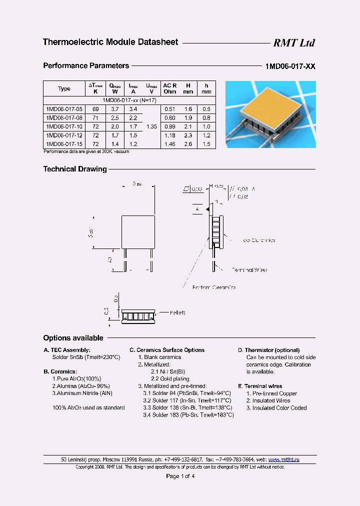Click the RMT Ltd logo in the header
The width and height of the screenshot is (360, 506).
coord(293,43)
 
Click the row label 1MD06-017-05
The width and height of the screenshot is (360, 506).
coord(63,108)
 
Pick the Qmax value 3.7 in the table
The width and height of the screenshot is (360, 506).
coord(114,108)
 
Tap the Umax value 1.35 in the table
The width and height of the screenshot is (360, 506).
coord(151,126)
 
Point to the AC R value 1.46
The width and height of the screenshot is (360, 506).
coord(170,144)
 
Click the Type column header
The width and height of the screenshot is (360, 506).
coord(64,88)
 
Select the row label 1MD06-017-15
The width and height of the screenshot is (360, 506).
coord(63,144)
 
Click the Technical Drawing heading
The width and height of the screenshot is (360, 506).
coord(75,169)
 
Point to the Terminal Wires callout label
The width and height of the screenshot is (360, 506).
coord(249,270)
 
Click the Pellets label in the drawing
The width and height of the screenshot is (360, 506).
coord(177,312)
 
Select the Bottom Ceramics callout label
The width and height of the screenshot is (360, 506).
coord(214,287)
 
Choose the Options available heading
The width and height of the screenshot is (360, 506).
coord(73,338)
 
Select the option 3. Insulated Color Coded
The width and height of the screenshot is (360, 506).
coord(276,407)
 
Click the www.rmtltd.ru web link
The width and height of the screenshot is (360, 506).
coord(283,459)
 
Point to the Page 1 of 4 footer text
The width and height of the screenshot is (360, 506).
coord(180,476)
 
